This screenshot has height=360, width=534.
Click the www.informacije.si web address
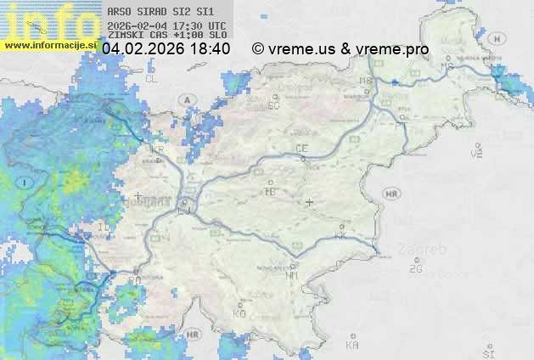tap(49, 45)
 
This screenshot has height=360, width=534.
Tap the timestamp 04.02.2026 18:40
tap(166, 49)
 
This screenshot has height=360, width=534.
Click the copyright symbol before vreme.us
tap(258, 49)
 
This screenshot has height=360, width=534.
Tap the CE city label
tap(301, 149)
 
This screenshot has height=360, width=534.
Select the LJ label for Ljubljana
tap(186, 205)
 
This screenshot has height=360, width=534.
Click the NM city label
tap(293, 275)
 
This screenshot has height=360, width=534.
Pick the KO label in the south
tap(239, 313)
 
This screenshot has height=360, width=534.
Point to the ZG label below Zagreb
tap(415, 269)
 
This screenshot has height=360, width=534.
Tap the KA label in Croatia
tap(352, 346)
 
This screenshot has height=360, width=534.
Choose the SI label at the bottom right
tap(488, 352)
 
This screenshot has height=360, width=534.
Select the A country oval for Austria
tap(186, 99)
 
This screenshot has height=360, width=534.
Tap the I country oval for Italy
tap(25, 183)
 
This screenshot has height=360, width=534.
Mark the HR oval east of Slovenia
tap(391, 194)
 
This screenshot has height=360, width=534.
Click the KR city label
tap(156, 149)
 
